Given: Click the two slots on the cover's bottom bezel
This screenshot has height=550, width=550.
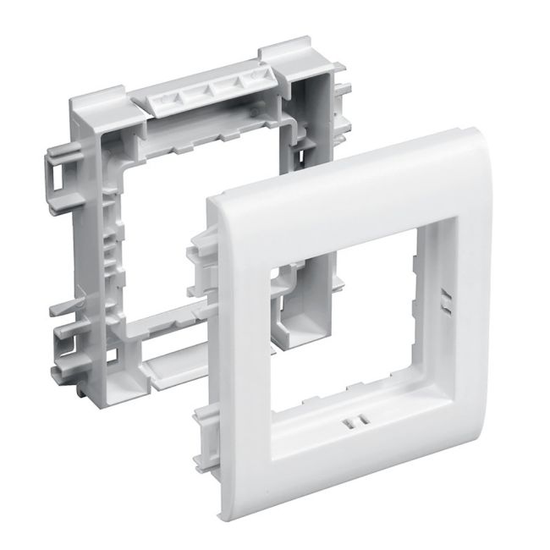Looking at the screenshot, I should pyautogui.click(x=351, y=420).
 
